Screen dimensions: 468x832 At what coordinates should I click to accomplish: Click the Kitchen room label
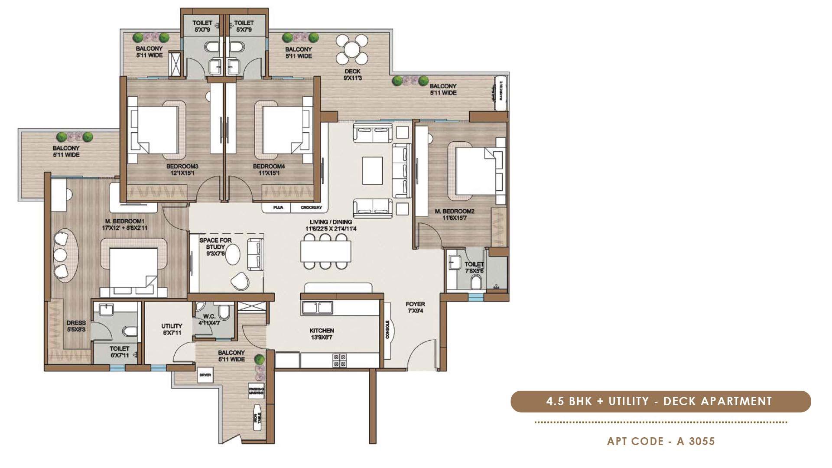pyautogui.click(x=322, y=334)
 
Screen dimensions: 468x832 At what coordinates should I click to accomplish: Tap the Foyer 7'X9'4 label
pyautogui.click(x=415, y=307)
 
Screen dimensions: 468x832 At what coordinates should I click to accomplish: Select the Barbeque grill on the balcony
pyautogui.click(x=501, y=91)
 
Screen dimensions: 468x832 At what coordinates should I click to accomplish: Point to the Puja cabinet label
pyautogui.click(x=278, y=208)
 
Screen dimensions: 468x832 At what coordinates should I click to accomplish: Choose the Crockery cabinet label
pyautogui.click(x=311, y=208)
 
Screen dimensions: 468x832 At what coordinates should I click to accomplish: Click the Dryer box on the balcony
pyautogui.click(x=205, y=375)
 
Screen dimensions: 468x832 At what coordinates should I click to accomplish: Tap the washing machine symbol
pyautogui.click(x=256, y=391)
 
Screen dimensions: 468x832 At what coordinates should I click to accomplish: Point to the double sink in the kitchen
pyautogui.click(x=317, y=308)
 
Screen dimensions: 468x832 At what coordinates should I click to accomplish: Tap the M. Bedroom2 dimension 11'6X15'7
pyautogui.click(x=454, y=218)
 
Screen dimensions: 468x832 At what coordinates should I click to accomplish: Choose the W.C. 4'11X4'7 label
pyautogui.click(x=209, y=320)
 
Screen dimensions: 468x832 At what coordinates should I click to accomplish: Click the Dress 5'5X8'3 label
pyautogui.click(x=76, y=326)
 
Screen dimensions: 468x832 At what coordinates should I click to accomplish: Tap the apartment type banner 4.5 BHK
pyautogui.click(x=660, y=401)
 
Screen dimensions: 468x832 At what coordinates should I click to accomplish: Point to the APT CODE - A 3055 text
pyautogui.click(x=661, y=442)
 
